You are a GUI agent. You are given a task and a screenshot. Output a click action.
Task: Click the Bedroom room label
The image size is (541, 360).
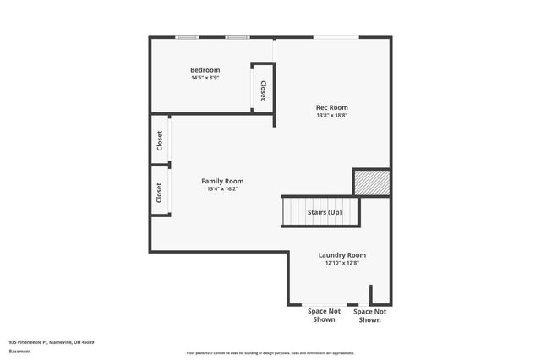pyautogui.click(x=205, y=69)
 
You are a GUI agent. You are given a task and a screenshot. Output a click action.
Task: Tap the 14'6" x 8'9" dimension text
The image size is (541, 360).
pyautogui.click(x=205, y=78)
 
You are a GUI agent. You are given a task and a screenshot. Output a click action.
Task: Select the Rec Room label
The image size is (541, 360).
pyautogui.click(x=332, y=107)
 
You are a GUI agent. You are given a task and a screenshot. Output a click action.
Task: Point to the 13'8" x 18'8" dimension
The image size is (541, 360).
pyautogui.click(x=332, y=116)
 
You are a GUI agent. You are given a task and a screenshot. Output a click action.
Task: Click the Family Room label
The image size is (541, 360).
pyautogui.click(x=222, y=181)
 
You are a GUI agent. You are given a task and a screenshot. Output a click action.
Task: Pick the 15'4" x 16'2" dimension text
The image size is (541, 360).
pyautogui.click(x=222, y=189)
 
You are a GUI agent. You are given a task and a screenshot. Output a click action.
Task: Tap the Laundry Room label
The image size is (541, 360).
pyautogui.click(x=342, y=254)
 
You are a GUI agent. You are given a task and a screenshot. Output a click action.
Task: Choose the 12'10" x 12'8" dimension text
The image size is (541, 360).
pyautogui.click(x=342, y=263)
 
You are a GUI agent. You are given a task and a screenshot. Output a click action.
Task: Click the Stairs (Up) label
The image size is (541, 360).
pyautogui.click(x=324, y=211)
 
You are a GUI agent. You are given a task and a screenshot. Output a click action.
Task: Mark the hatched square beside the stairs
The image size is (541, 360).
pyautogui.click(x=371, y=182)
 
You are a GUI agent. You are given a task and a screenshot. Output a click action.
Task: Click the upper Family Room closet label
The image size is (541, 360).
pyautogui.click(x=159, y=141)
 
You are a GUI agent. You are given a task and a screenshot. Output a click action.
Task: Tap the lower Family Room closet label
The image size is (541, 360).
pyautogui.click(x=159, y=193)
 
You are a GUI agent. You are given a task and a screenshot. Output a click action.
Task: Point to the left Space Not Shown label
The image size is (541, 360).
pyautogui.click(x=325, y=315)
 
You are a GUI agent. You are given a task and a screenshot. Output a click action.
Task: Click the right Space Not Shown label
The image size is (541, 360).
pyautogui.click(x=370, y=315)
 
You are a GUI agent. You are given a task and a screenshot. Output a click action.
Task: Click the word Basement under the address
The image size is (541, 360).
pyautogui.click(x=19, y=352)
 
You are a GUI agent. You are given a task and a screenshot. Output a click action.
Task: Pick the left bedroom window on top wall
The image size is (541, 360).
pyautogui.click(x=187, y=37)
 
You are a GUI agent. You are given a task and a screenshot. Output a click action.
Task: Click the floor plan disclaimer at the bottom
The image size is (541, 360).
pyautogui.click(x=270, y=353)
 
